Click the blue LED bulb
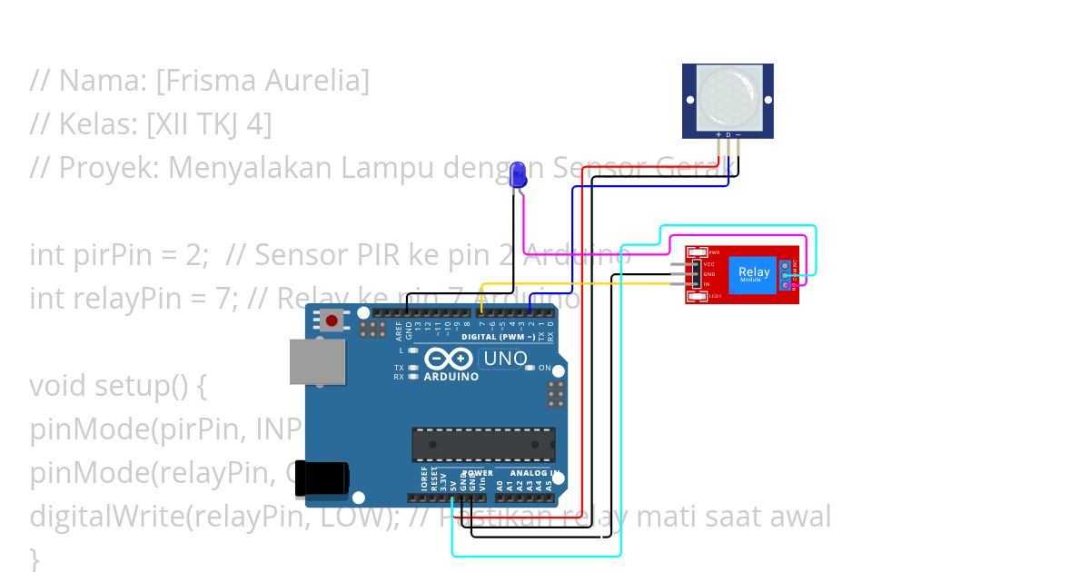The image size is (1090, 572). click(518, 173)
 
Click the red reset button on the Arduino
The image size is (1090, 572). click(332, 320)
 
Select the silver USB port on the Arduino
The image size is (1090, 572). click(317, 361)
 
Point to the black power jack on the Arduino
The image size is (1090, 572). click(323, 478)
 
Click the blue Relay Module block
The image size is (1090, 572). click(754, 273)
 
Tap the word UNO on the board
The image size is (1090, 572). click(505, 359)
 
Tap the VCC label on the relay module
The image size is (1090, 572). click(709, 264)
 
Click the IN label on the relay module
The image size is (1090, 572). click(707, 284)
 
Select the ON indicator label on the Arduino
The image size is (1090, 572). click(544, 368)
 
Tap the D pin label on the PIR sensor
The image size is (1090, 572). click(728, 134)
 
